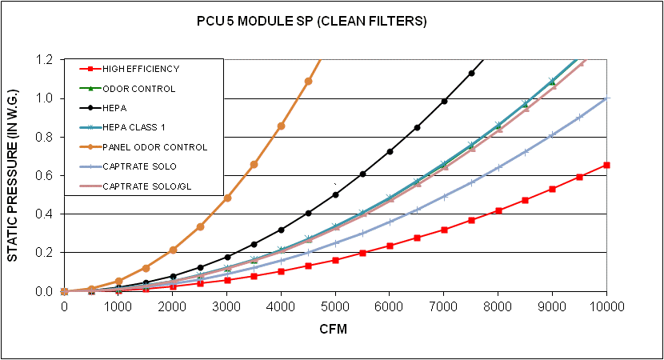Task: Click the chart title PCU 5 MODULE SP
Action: point(312,22)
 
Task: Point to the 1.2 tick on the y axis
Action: point(43,60)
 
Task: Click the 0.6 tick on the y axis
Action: point(43,176)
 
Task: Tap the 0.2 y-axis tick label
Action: point(43,253)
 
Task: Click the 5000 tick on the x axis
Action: point(335,306)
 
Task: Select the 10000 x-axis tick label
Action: point(606,306)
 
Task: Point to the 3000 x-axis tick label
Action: point(227,306)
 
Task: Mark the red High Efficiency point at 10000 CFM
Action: point(606,165)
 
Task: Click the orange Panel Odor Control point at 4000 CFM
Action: point(281,126)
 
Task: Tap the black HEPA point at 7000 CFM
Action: point(444,101)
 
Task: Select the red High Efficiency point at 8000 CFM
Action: point(498,210)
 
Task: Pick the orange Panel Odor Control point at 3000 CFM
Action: point(227,198)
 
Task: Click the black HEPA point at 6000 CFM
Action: point(390,151)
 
